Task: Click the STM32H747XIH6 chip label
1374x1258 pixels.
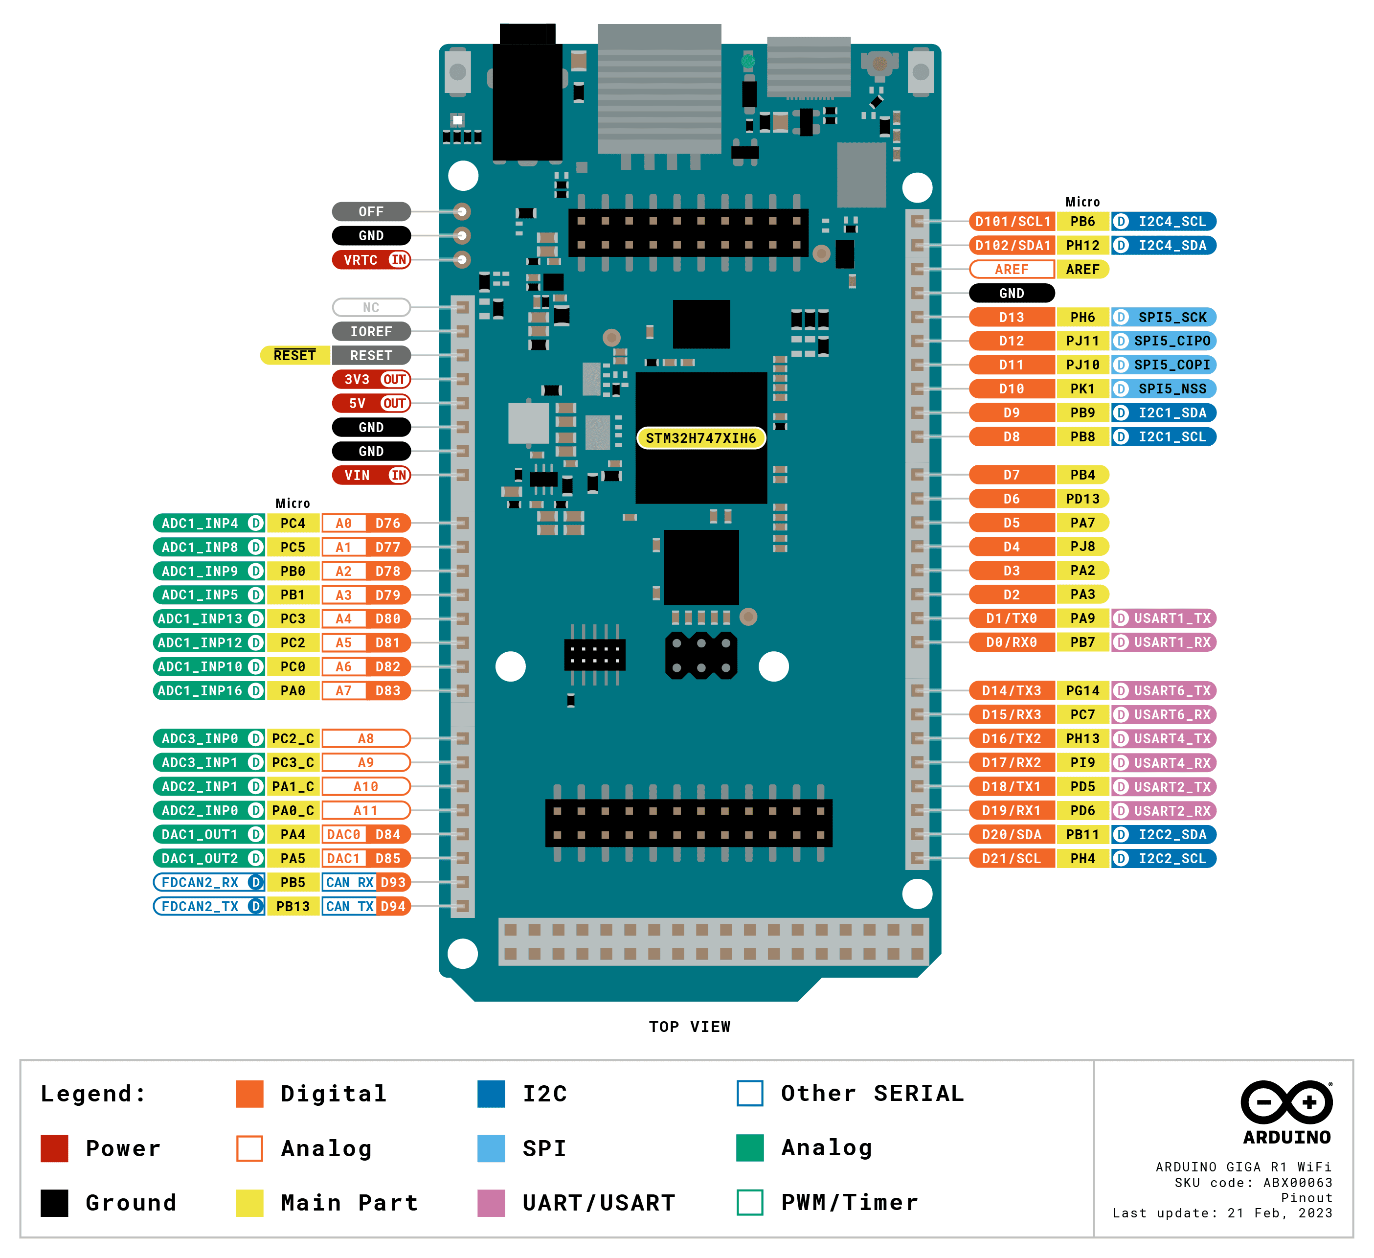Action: [700, 438]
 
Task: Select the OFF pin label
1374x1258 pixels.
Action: [371, 211]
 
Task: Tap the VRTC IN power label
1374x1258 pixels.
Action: [371, 260]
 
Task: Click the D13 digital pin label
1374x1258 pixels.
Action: [1012, 317]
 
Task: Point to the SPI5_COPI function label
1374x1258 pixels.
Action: [1164, 365]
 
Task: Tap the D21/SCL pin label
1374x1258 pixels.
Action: [1012, 858]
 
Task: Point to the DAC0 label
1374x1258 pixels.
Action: [343, 835]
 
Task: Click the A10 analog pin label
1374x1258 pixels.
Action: [366, 787]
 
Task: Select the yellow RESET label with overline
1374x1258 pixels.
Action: [294, 355]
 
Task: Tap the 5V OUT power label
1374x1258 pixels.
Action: [371, 403]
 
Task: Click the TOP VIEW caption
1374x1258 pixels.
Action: [689, 1027]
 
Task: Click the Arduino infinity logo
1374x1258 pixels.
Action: [1286, 1102]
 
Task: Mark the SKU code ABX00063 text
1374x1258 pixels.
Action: [1253, 1182]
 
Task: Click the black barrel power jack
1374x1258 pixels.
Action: [527, 95]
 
